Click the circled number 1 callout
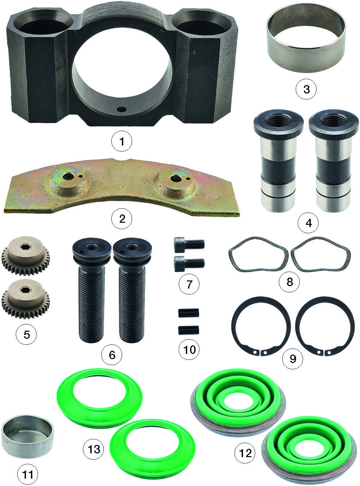122,141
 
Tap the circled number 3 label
306,89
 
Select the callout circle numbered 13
93,449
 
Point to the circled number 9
293,358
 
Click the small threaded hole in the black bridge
121,109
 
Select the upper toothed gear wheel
26,256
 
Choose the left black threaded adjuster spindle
91,290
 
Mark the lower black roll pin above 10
189,330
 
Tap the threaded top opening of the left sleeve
278,120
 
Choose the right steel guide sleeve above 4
334,161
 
